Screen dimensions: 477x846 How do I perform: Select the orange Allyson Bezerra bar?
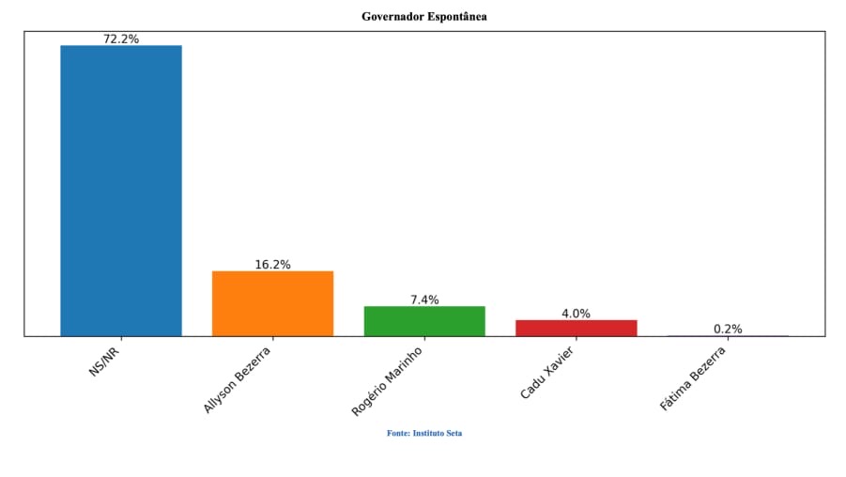[x=272, y=303]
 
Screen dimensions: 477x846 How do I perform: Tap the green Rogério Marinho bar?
[x=424, y=321]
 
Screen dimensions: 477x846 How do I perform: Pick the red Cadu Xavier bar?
[x=576, y=328]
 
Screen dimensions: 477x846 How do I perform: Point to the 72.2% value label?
[x=121, y=38]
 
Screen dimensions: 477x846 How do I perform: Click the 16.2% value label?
[x=272, y=265]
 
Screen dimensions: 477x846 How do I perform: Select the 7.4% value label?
[x=424, y=300]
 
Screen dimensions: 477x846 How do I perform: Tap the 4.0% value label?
[x=576, y=314]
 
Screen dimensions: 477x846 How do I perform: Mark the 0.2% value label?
[x=728, y=329]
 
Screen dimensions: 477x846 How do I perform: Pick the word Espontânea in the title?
[x=456, y=17]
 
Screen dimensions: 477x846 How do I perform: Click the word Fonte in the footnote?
[x=398, y=433]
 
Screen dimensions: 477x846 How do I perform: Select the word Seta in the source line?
[x=453, y=433]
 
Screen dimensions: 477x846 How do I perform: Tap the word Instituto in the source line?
[x=427, y=433]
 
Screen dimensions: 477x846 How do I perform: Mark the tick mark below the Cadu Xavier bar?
[x=576, y=338]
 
